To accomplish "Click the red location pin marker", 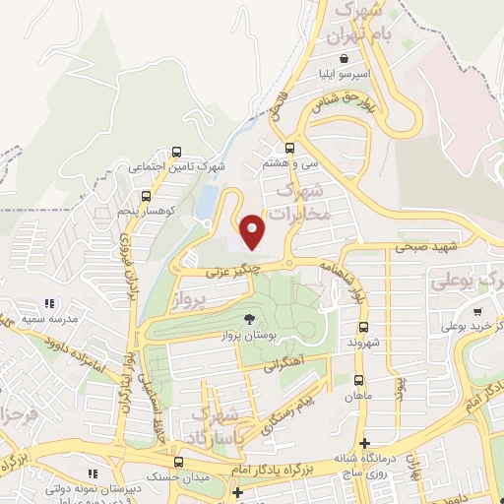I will [253, 231].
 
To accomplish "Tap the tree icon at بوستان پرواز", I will [250, 319].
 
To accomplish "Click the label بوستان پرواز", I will [250, 337].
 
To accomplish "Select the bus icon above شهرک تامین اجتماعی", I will [176, 153].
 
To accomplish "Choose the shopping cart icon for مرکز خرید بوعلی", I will [477, 311].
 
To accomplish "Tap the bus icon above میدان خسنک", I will [178, 462].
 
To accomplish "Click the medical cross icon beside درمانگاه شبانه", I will [364, 444].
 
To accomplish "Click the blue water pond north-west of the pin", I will [209, 205].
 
